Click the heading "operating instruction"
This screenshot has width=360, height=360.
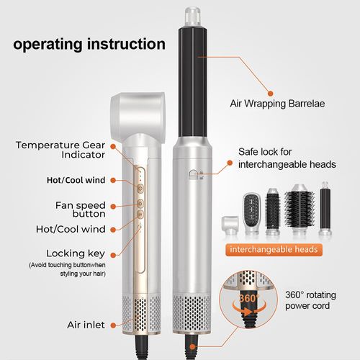[89, 45]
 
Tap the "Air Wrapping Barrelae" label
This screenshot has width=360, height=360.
[277, 104]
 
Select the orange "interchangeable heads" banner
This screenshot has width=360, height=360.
[274, 250]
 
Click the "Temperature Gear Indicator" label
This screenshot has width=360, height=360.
[60, 150]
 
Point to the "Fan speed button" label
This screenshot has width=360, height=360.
[81, 210]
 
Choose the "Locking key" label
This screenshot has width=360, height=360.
[76, 253]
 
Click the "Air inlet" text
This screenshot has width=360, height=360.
[86, 325]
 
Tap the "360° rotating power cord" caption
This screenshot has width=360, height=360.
[310, 300]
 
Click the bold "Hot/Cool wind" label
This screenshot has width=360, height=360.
[76, 180]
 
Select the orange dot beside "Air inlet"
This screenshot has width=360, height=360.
[113, 325]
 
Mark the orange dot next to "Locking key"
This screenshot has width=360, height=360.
[113, 256]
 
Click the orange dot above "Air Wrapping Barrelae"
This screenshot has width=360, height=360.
[271, 94]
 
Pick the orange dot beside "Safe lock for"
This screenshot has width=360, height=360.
[230, 163]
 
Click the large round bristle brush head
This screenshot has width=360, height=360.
[300, 210]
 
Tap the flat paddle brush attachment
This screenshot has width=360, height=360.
[252, 213]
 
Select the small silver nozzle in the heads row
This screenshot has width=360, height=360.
[230, 225]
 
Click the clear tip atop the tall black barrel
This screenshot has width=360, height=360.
[192, 17]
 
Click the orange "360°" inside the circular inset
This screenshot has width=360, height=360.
[249, 298]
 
